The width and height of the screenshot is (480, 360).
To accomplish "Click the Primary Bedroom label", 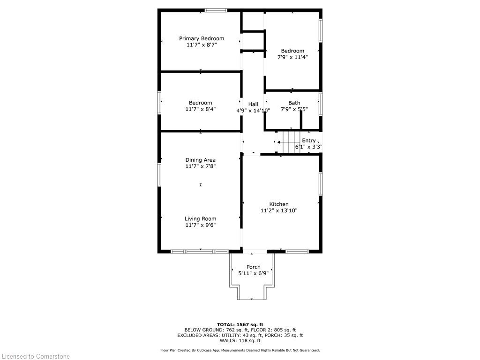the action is pos(202,38).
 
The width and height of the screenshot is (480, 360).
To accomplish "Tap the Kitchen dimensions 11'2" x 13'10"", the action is pos(279,210).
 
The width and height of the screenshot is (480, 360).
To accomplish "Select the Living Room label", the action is pos(201,219).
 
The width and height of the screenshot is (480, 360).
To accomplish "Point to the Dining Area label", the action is pos(201,160).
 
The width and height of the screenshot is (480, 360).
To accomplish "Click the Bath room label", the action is pos(294,103).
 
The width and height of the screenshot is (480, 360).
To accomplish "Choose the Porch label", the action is pos(254,267).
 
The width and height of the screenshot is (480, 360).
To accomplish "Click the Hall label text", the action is pos(253,104).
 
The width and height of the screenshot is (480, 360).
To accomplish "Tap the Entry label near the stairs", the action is pos(308,141).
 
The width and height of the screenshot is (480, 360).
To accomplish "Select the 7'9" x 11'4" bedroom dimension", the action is pos(292,57).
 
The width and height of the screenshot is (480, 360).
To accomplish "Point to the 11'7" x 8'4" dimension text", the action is pos(201,109).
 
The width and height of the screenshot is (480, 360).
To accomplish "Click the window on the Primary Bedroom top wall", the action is pos(216,10).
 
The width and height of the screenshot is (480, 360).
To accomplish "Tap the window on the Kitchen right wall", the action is pos(321,184).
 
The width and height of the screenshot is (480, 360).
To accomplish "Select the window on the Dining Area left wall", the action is pos(159,174).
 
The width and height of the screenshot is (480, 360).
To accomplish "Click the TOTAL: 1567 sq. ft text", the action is pos(240,324).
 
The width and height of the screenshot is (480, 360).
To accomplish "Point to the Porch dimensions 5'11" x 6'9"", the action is pos(254,273).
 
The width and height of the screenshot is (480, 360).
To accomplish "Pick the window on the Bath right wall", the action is pos(321,104).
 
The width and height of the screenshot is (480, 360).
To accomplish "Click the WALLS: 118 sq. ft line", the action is pos(240,340).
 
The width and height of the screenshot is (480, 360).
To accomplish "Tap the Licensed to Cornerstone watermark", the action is pos(36,356).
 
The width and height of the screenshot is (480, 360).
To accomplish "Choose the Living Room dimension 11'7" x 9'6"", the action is pos(201,225).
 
